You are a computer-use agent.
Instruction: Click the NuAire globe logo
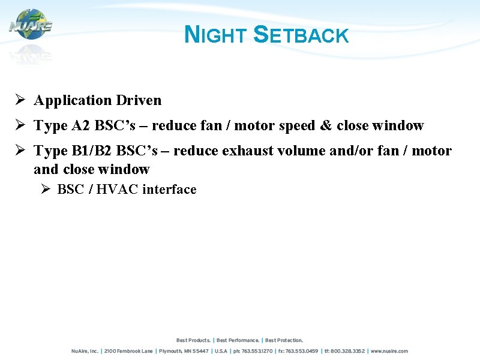[x=31, y=25]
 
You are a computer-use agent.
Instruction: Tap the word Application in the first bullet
[x=73, y=100]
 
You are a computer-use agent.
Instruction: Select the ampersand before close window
[x=326, y=125]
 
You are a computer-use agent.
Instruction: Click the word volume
[x=298, y=151]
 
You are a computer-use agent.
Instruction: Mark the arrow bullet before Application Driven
[x=20, y=100]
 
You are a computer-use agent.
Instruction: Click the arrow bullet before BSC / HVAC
[x=44, y=190]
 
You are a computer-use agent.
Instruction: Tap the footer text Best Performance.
[x=238, y=340]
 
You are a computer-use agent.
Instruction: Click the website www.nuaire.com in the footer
[x=389, y=351]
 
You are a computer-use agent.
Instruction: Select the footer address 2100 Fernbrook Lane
[x=129, y=351]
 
